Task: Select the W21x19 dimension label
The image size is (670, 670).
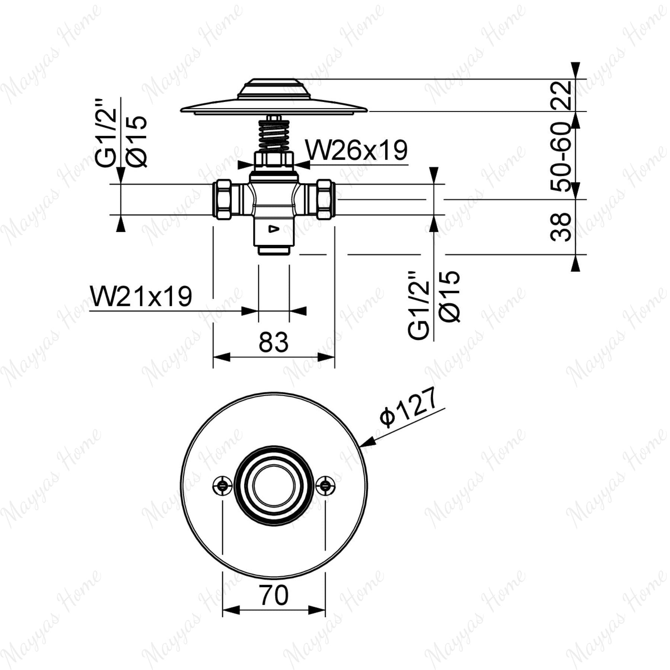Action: point(141,296)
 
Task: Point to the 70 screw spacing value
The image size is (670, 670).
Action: point(274,595)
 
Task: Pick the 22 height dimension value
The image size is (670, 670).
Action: point(561,95)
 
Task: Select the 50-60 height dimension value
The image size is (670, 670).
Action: point(561,157)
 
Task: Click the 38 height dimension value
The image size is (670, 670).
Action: point(561,227)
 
